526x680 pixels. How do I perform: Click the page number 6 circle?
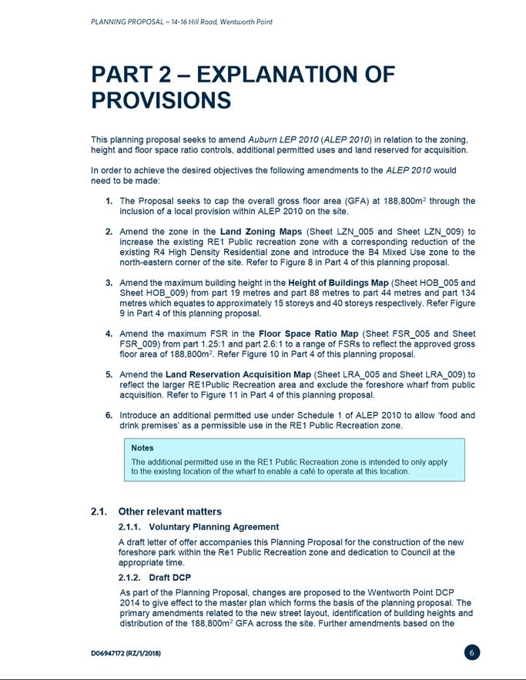(x=473, y=652)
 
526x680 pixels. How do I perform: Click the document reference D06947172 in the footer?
(x=116, y=653)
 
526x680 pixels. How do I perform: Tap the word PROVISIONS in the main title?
(x=160, y=100)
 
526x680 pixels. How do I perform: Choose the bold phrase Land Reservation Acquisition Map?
(x=236, y=375)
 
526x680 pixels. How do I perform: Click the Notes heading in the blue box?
(x=142, y=447)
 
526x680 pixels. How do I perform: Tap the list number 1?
(x=110, y=201)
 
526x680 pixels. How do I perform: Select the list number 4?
(x=110, y=333)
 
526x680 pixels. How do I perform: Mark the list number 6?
(x=110, y=415)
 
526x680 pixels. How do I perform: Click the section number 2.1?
(x=99, y=511)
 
